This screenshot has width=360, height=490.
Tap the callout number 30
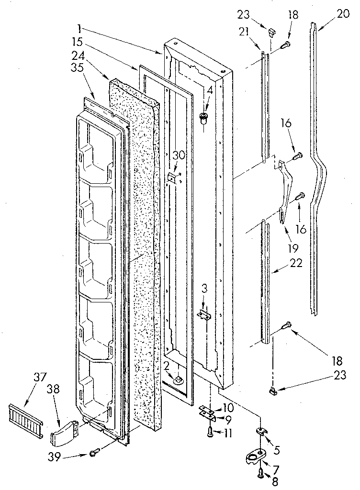coord(178,156)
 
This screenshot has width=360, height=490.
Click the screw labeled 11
coord(211,432)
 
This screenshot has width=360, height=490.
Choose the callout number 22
coord(295,264)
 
